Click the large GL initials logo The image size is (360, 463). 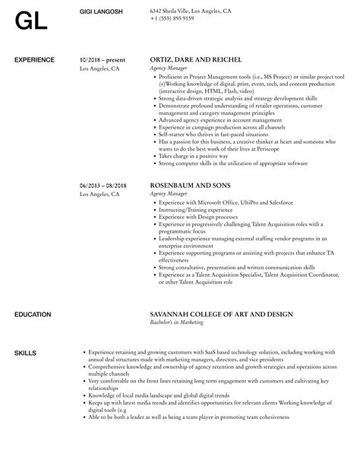(x=30, y=21)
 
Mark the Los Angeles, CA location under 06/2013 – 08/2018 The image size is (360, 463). (x=99, y=195)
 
